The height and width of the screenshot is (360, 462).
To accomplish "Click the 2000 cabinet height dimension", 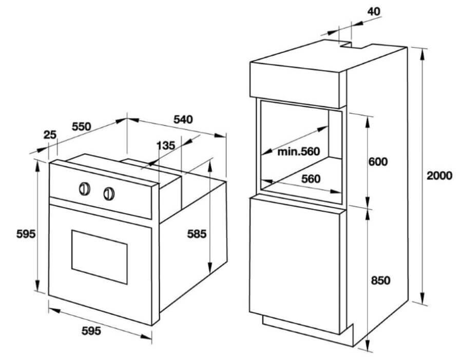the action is [x=439, y=176].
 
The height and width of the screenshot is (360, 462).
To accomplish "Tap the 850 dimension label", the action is [x=380, y=280].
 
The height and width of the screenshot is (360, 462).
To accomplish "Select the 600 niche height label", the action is [x=378, y=162].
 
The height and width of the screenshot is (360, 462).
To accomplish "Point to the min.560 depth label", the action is [x=298, y=151].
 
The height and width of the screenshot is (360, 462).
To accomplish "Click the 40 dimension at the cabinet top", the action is [x=374, y=11].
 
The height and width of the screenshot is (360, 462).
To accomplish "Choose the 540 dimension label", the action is [x=183, y=119].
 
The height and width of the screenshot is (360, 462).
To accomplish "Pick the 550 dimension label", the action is [x=81, y=126].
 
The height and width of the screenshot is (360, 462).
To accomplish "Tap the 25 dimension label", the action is [x=50, y=135].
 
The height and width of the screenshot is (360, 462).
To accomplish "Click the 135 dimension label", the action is [x=166, y=145].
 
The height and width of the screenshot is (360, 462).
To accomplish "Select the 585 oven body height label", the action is [x=197, y=234].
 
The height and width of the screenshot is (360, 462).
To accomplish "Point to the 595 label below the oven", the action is [x=91, y=331].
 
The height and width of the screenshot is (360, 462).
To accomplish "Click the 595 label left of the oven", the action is [x=26, y=234].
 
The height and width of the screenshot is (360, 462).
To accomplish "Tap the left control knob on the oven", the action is [x=85, y=189].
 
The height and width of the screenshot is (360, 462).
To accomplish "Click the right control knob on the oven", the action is [x=109, y=194].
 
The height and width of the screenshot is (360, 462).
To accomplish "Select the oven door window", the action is [x=100, y=257].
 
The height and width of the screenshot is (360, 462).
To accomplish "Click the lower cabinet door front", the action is [x=295, y=265].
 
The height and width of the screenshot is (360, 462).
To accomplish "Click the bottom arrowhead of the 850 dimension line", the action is [x=368, y=344].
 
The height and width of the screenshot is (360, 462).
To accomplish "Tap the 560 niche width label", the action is [x=311, y=178].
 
